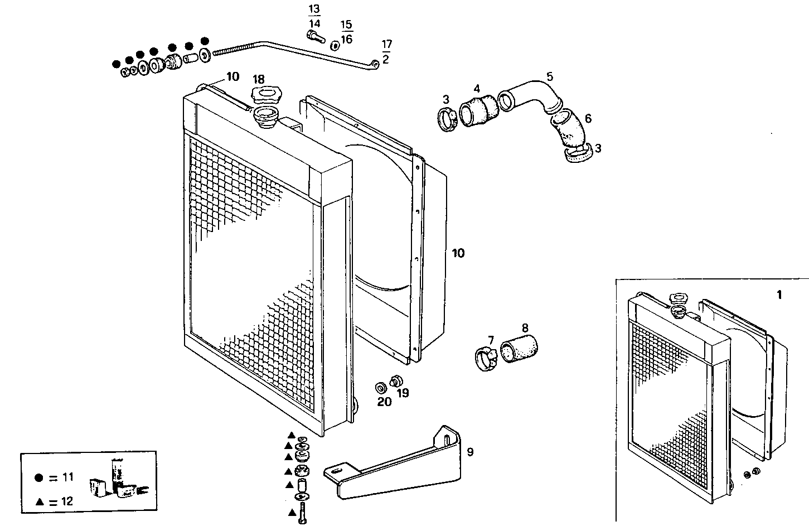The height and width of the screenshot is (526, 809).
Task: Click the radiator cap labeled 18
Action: coord(264,95)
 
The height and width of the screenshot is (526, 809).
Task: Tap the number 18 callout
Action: coord(259,79)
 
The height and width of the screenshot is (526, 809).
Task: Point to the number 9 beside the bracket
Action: coord(470,452)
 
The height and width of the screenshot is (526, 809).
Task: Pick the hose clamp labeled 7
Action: coord(485,358)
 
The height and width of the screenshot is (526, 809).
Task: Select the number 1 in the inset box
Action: coord(779,295)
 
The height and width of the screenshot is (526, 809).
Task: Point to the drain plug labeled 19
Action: coord(396,382)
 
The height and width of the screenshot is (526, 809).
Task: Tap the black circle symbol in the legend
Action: coord(38,478)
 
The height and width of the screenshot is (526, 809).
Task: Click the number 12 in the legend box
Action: coord(66,501)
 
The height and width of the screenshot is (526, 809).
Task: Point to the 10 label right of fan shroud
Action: coord(458,254)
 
